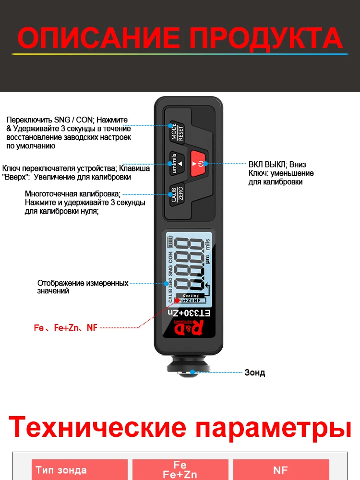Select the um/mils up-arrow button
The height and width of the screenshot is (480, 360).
click(175, 163)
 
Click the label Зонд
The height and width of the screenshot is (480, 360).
click(254, 372)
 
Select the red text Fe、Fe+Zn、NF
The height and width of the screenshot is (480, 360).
click(65, 328)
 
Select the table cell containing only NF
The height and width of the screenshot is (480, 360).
click(281, 470)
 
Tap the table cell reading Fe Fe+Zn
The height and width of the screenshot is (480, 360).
click(180, 470)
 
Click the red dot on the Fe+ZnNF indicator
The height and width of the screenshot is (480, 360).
click(177, 300)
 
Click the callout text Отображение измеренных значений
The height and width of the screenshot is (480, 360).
click(83, 287)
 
